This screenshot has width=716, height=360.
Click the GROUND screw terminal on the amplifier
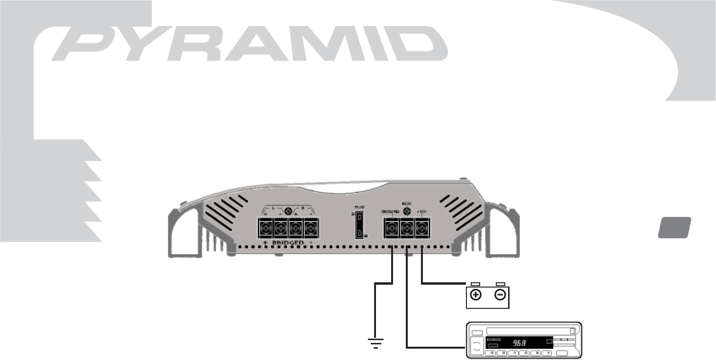tap(391, 228)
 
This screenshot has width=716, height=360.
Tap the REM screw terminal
tap(406, 228)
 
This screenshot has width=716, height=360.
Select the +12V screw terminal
tap(421, 228)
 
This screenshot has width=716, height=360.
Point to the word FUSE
tap(359, 207)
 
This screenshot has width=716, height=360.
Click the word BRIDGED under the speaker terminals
tap(287, 243)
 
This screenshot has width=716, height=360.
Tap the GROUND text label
tap(391, 211)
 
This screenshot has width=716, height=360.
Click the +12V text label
tap(421, 211)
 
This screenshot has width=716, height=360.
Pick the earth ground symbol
tap(376, 343)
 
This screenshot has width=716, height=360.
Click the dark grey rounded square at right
tap(674, 227)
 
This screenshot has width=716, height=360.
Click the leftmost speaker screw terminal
tap(266, 228)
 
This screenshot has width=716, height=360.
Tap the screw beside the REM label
tap(406, 210)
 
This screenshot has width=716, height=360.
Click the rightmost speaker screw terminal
tap(311, 228)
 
